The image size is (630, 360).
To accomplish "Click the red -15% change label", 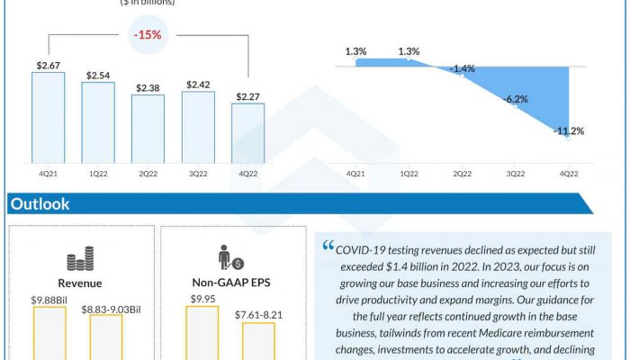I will [x=148, y=36].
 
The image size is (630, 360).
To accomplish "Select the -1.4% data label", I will [x=463, y=68].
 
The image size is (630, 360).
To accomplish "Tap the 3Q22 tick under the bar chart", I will [x=197, y=174].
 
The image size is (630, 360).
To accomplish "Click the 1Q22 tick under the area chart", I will [x=408, y=174].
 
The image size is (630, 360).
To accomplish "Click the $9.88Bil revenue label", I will [x=49, y=299].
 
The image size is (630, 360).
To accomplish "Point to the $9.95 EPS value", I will [x=202, y=299].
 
